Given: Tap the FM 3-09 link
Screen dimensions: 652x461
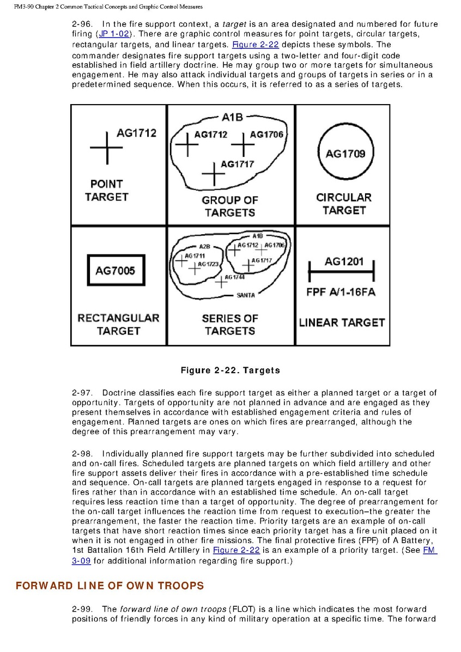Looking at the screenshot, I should point(430,551).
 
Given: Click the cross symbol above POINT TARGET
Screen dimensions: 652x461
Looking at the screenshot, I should point(106,147).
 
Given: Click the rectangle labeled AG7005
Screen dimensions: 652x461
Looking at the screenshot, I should point(115,271).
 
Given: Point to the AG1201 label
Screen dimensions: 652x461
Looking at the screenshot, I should point(344,262).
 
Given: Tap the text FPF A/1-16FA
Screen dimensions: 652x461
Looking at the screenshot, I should point(341,292).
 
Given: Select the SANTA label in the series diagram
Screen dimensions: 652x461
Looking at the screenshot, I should point(245,295).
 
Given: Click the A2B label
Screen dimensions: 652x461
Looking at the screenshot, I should point(204,246).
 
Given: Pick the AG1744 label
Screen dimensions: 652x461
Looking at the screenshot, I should point(235,277).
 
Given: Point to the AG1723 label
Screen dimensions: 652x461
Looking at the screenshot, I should point(208,264).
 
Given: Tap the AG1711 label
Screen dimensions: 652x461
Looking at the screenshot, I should point(195,255).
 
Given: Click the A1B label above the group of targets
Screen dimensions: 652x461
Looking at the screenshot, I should point(232,117).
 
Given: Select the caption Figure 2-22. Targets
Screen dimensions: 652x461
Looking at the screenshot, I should point(230,370).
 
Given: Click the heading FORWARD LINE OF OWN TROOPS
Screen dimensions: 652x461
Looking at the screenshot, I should point(110,586).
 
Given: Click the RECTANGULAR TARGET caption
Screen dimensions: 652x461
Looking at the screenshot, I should point(118,324).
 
